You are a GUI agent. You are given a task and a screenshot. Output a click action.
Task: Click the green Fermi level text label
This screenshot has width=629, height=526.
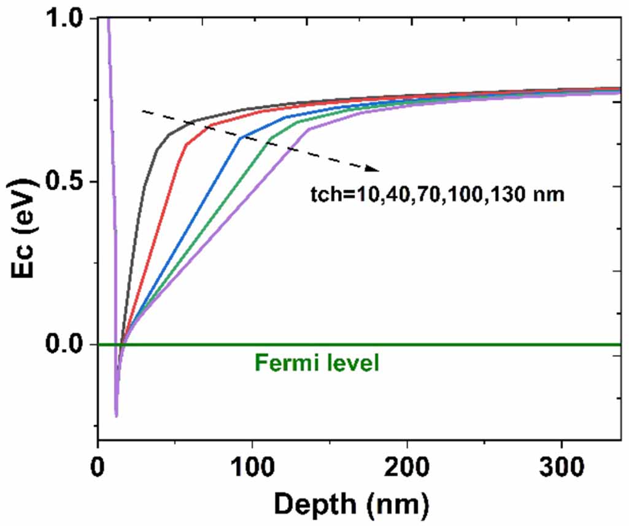[317, 363]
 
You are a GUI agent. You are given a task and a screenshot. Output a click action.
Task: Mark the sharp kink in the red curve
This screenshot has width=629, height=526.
[185, 145]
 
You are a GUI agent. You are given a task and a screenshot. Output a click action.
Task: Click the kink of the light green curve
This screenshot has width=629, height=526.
[271, 137]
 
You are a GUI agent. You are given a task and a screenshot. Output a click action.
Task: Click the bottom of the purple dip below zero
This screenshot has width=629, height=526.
[116, 416]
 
